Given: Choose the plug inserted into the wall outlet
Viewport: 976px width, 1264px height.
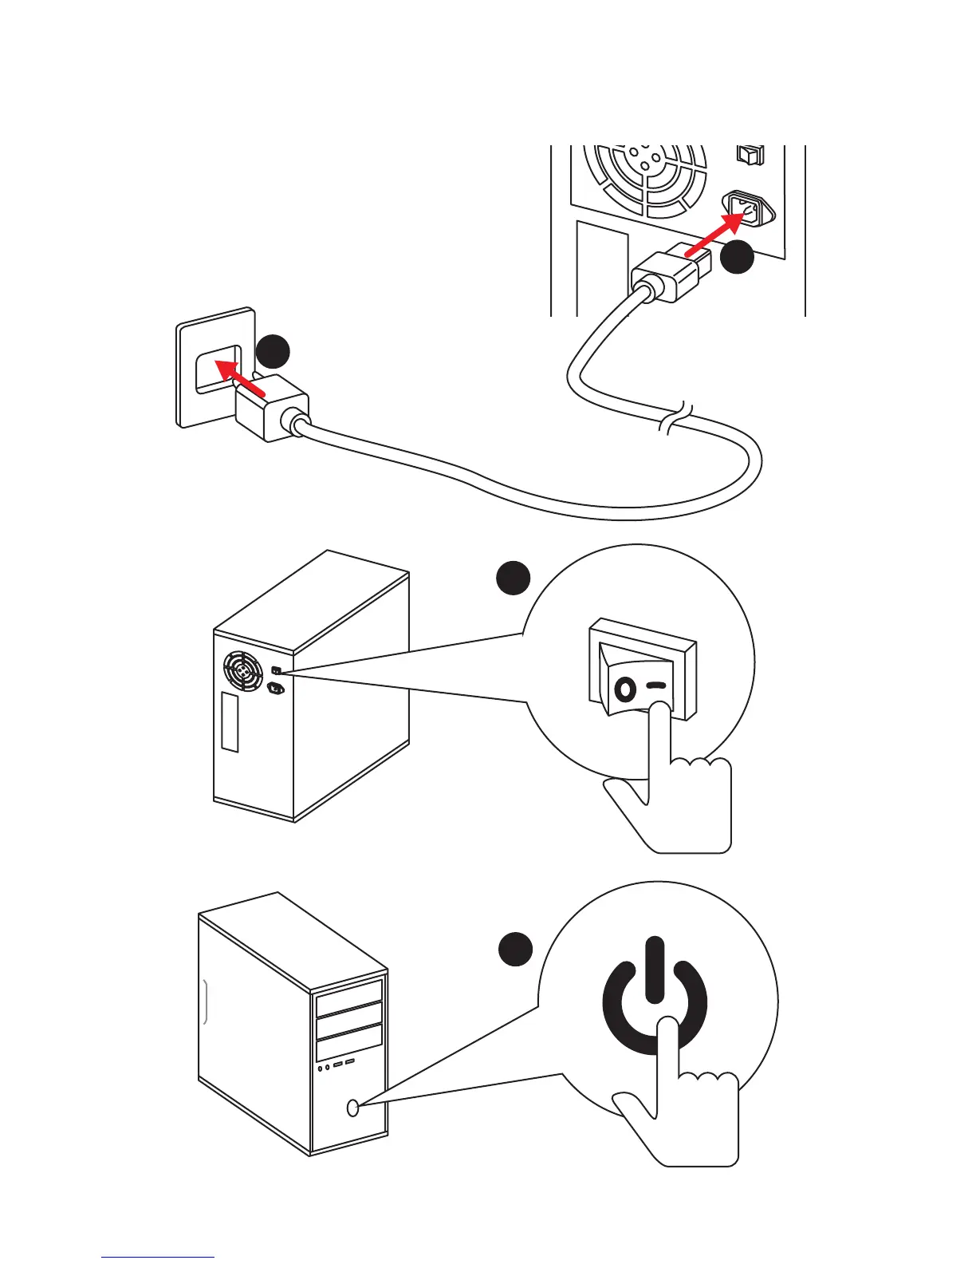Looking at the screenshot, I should (271, 407).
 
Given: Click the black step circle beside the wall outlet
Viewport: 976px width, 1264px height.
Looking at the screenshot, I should (273, 352).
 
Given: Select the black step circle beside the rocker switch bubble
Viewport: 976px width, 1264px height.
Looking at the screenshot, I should (514, 578).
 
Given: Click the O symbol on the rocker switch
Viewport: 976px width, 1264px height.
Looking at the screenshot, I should (625, 688).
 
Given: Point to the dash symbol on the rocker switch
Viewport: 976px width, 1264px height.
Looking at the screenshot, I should (656, 685).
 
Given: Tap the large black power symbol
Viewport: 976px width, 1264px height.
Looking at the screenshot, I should (654, 997).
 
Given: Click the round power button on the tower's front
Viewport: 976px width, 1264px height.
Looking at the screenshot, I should (353, 1108).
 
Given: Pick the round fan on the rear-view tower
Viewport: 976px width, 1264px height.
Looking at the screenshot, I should (243, 673).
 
